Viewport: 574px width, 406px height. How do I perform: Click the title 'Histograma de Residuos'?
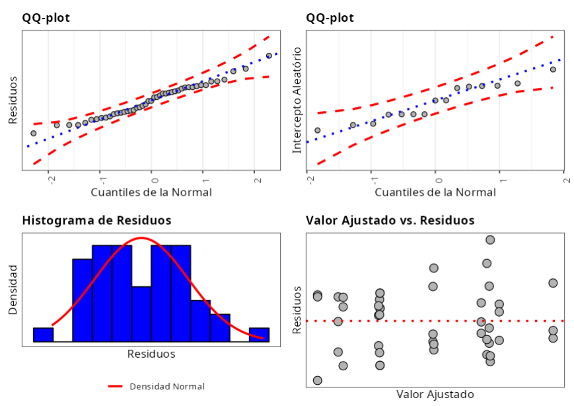click(96, 220)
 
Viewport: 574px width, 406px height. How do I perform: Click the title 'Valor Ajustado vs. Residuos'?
click(390, 220)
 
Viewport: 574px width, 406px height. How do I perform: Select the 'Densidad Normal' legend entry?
click(166, 386)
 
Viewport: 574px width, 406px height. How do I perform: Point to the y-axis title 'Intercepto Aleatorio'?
click(297, 100)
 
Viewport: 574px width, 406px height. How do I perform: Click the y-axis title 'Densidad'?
click(13, 289)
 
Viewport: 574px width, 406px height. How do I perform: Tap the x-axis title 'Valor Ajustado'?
click(435, 394)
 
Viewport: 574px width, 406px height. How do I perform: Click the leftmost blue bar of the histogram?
click(43, 335)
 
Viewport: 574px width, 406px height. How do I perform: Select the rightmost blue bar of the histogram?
click(259, 335)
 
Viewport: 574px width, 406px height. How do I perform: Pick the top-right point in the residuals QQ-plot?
click(269, 56)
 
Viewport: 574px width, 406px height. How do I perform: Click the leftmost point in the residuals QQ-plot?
click(34, 133)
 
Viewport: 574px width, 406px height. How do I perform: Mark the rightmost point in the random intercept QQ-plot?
click(553, 69)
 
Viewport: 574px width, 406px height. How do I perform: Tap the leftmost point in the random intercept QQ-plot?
click(318, 130)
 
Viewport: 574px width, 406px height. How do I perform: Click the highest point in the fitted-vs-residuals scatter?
click(490, 239)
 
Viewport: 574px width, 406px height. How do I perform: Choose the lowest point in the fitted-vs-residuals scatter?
click(318, 380)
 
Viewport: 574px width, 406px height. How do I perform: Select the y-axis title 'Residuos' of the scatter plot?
click(297, 309)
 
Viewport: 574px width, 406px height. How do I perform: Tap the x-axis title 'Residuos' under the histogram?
click(151, 354)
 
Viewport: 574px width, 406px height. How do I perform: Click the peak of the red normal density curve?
click(141, 237)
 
